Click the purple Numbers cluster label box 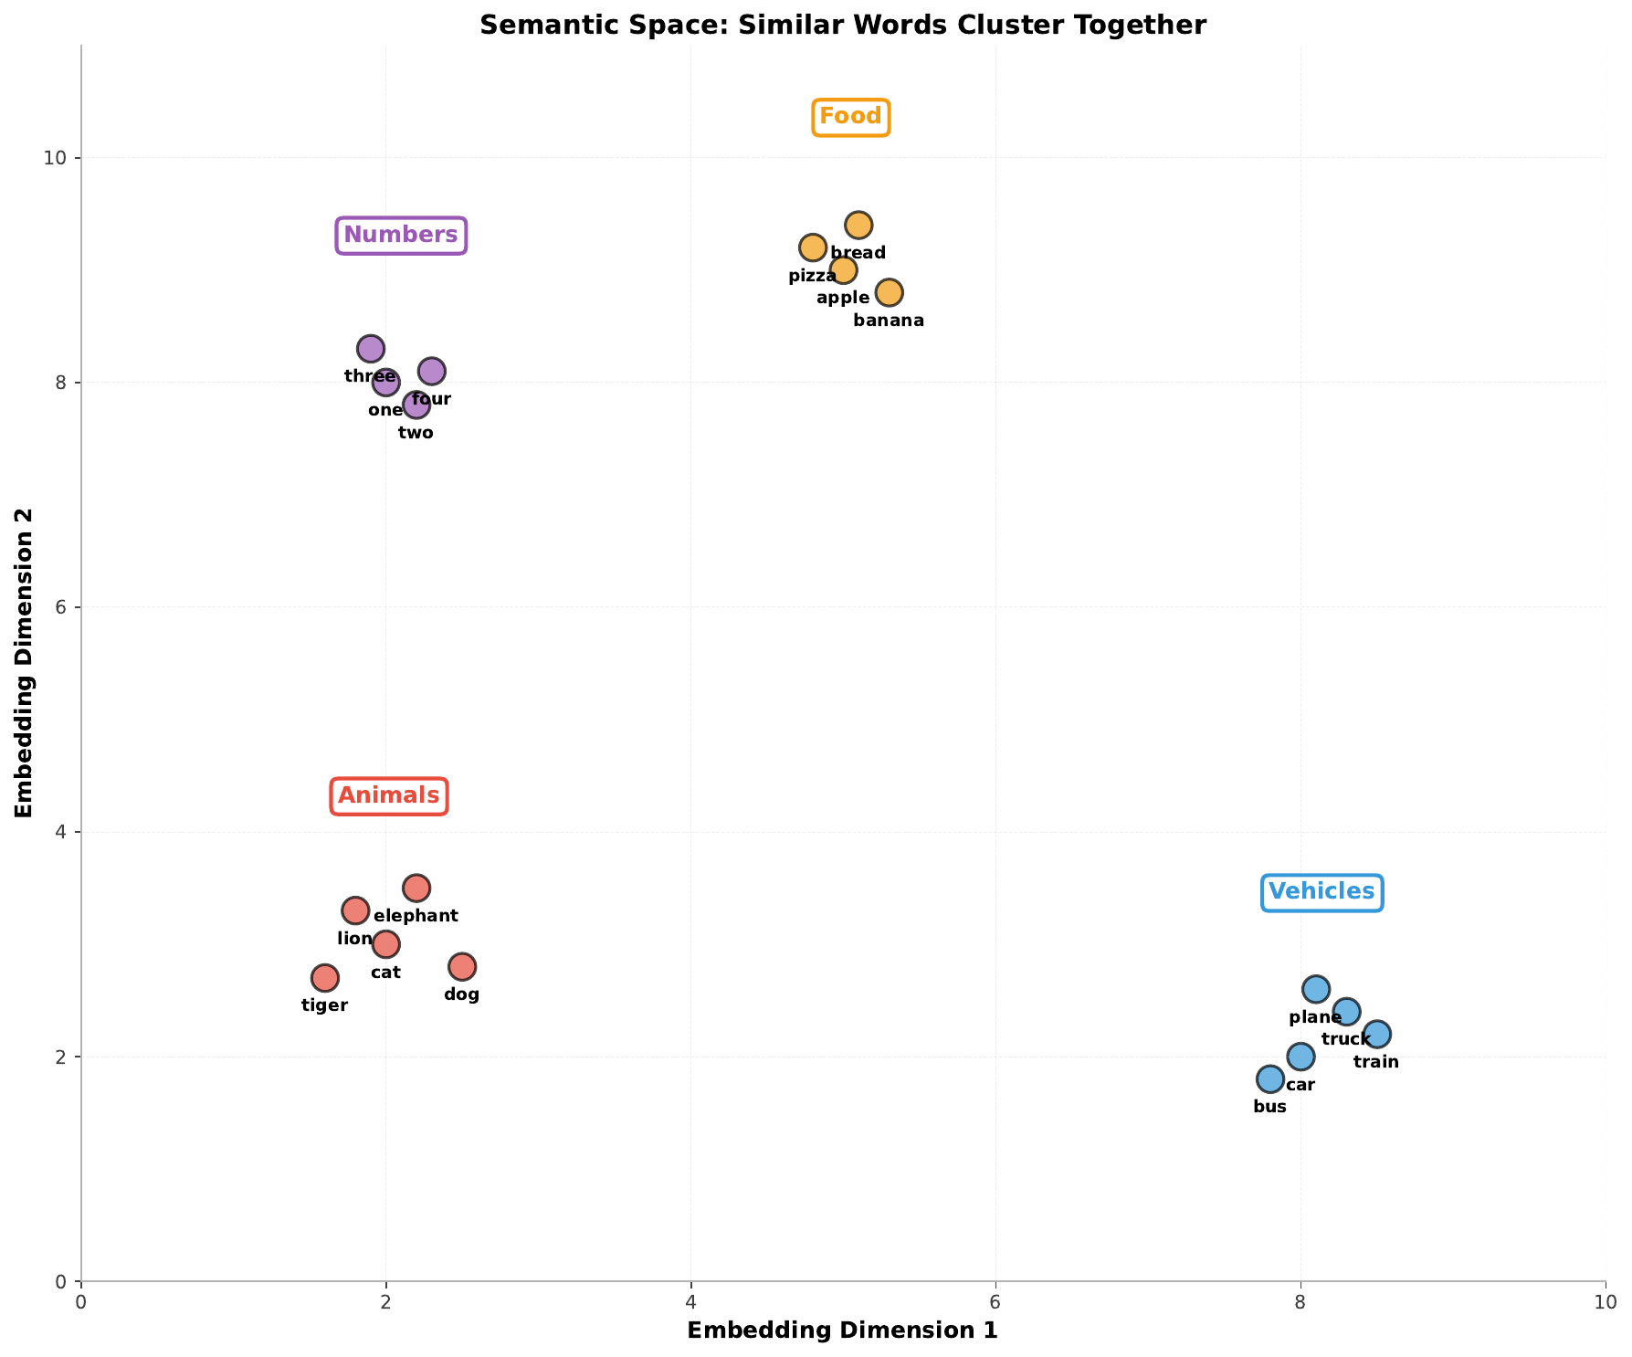coord(401,236)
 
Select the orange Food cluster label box coord(850,117)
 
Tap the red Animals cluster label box coord(389,796)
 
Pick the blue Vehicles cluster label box coord(1321,892)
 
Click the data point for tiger coord(325,978)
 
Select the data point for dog coord(462,967)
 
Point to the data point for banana coord(889,292)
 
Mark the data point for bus coord(1270,1079)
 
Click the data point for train coord(1376,1035)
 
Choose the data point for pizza coord(813,247)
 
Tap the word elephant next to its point coord(416,916)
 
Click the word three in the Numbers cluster coord(370,376)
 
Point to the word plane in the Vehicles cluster coord(1315,1018)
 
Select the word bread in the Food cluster coord(858,253)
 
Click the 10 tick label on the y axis coord(58,158)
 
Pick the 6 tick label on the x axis coord(995,1300)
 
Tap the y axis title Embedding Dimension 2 coord(25,661)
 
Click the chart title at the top coord(843,25)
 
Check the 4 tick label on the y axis coord(62,832)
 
